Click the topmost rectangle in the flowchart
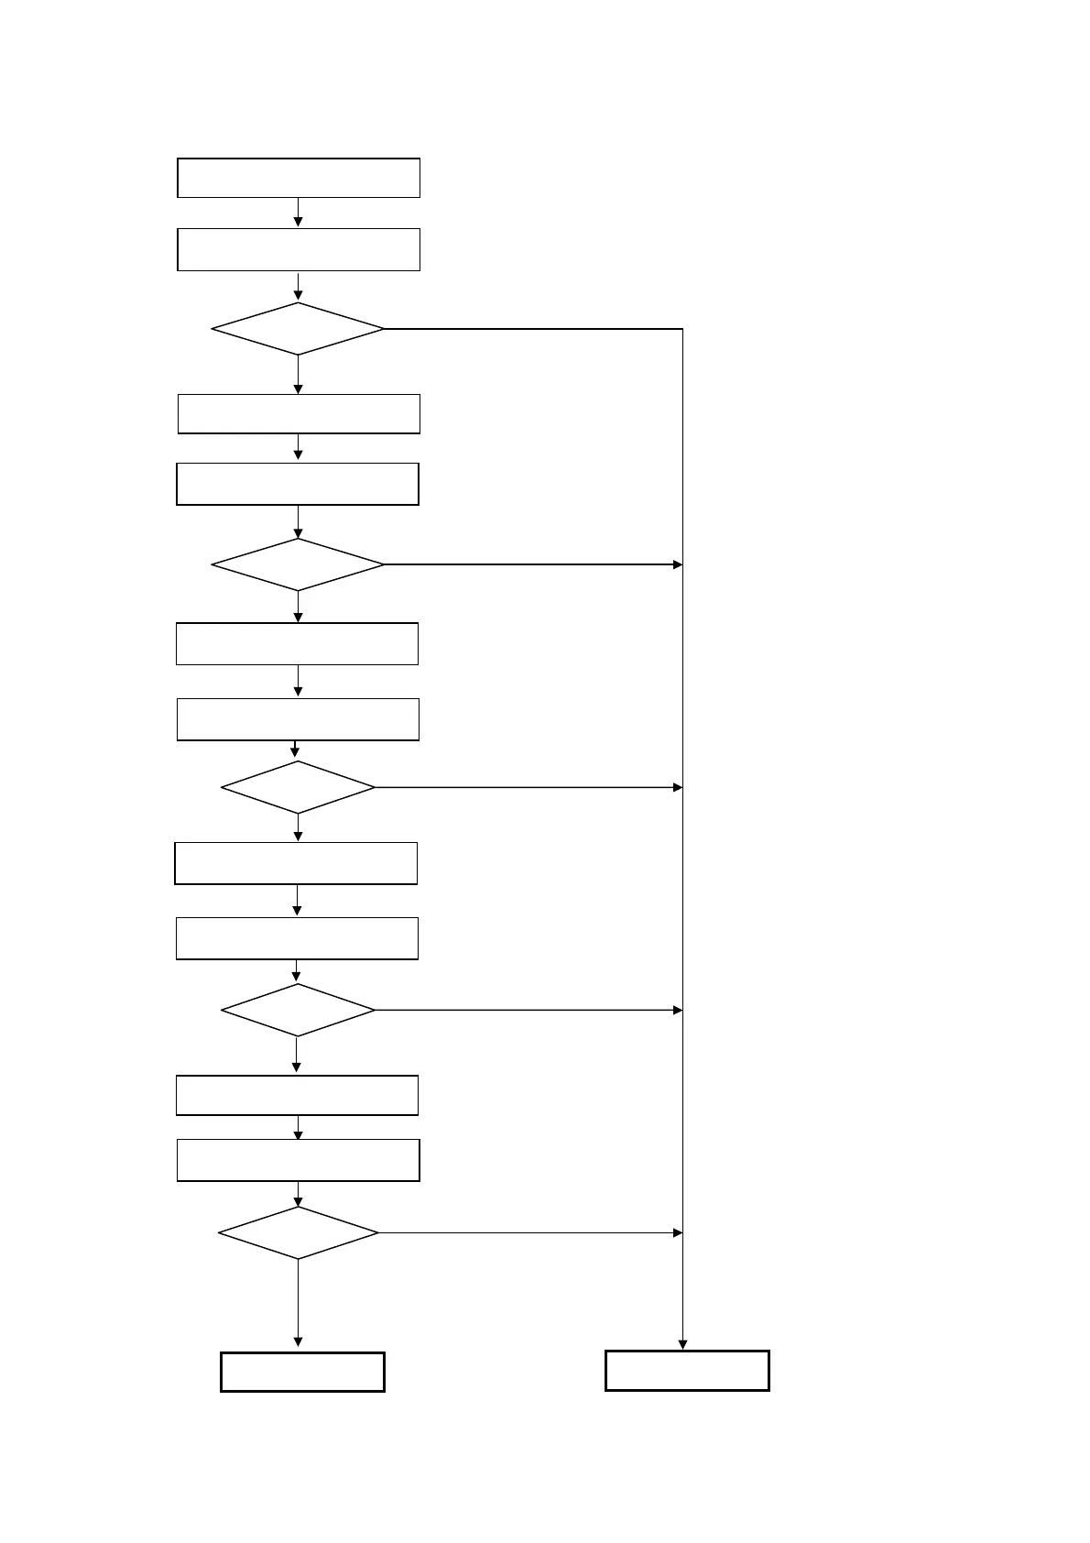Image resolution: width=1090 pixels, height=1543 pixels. point(299,178)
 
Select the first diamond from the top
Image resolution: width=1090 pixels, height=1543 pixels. point(298,329)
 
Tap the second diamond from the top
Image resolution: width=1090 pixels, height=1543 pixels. point(298,564)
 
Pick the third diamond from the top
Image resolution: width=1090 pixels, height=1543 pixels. point(299,787)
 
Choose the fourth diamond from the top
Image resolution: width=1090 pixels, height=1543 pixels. point(299,1010)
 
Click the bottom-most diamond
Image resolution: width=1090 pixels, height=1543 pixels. point(299,1232)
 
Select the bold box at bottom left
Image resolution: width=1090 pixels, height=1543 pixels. point(302,1372)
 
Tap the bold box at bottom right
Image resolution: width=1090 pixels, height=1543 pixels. point(687,1371)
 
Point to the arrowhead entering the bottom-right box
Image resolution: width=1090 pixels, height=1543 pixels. point(682,1344)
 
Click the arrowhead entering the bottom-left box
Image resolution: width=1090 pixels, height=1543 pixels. point(298,1341)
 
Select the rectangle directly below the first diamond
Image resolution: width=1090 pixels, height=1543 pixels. point(299,414)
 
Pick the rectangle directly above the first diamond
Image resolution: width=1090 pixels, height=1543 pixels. point(299,250)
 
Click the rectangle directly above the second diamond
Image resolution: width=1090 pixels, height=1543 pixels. point(298,484)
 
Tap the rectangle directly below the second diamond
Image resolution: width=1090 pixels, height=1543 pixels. point(297,643)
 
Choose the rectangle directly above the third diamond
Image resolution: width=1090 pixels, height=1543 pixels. point(298,719)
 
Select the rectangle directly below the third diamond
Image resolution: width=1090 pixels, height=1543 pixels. point(296,863)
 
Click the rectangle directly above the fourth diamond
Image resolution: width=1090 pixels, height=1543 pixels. point(297,938)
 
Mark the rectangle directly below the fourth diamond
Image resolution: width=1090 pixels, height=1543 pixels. point(297,1095)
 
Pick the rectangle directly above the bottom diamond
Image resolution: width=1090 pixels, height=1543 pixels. point(298,1160)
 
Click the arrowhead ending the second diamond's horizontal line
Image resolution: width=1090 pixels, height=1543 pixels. point(678,564)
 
